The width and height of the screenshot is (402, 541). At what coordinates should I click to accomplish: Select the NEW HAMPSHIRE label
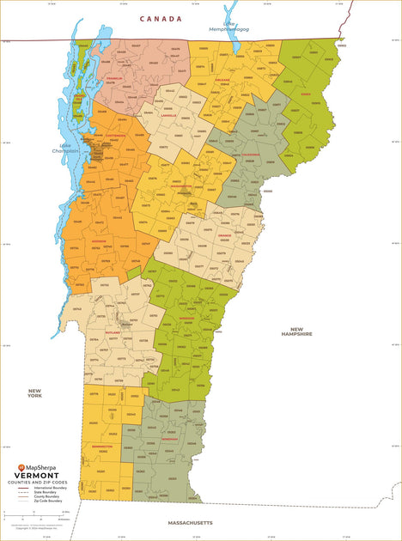296,332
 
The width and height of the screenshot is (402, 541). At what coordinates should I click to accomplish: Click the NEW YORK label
34,392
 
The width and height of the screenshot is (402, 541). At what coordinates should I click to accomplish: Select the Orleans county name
222,79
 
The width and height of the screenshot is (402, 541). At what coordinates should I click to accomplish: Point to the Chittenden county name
115,135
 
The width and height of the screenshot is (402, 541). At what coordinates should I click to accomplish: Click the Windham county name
168,437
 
